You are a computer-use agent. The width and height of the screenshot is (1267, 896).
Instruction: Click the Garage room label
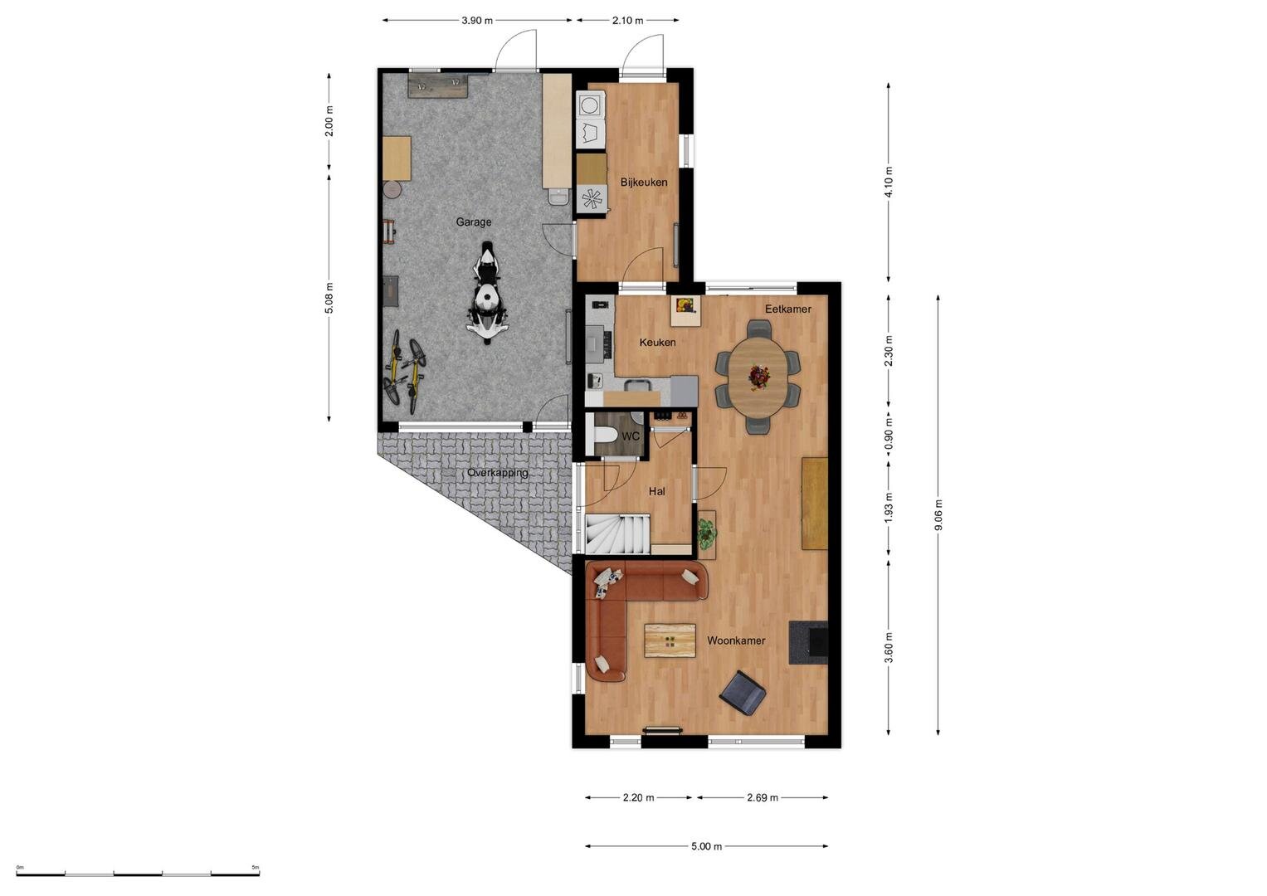[x=474, y=222]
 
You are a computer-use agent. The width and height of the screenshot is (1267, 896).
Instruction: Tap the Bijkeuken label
[x=644, y=183]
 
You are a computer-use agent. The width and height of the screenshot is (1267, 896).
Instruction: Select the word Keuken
[x=657, y=342]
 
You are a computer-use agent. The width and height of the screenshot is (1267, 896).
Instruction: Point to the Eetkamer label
[x=788, y=309]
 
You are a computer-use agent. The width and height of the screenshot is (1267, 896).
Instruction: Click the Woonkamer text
[x=736, y=640]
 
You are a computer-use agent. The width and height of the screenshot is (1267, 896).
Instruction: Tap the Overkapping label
[x=498, y=473]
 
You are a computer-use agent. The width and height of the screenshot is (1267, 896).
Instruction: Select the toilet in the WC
[x=605, y=435]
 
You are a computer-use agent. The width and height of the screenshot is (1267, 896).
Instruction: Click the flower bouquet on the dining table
[x=758, y=376]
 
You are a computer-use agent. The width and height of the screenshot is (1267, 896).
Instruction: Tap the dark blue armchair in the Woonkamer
[x=743, y=693]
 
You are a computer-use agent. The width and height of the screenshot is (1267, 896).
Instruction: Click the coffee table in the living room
[x=670, y=640]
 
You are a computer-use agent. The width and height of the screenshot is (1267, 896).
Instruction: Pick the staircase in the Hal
[x=617, y=533]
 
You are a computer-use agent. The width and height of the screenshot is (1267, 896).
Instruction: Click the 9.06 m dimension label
[x=938, y=514]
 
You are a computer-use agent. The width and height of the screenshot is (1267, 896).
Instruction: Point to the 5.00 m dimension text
[x=706, y=847]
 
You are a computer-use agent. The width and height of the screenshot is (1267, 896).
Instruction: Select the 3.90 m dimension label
[x=477, y=21]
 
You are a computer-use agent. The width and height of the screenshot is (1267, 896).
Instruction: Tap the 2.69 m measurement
[x=763, y=797]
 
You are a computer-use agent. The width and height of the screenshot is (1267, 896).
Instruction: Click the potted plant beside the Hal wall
[x=706, y=534]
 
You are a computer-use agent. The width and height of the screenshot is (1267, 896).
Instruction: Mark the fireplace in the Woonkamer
[x=809, y=642]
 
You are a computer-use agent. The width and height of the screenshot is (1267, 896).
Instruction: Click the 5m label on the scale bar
[x=255, y=867]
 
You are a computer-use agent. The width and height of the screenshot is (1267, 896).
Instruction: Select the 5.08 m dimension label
[x=329, y=297]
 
